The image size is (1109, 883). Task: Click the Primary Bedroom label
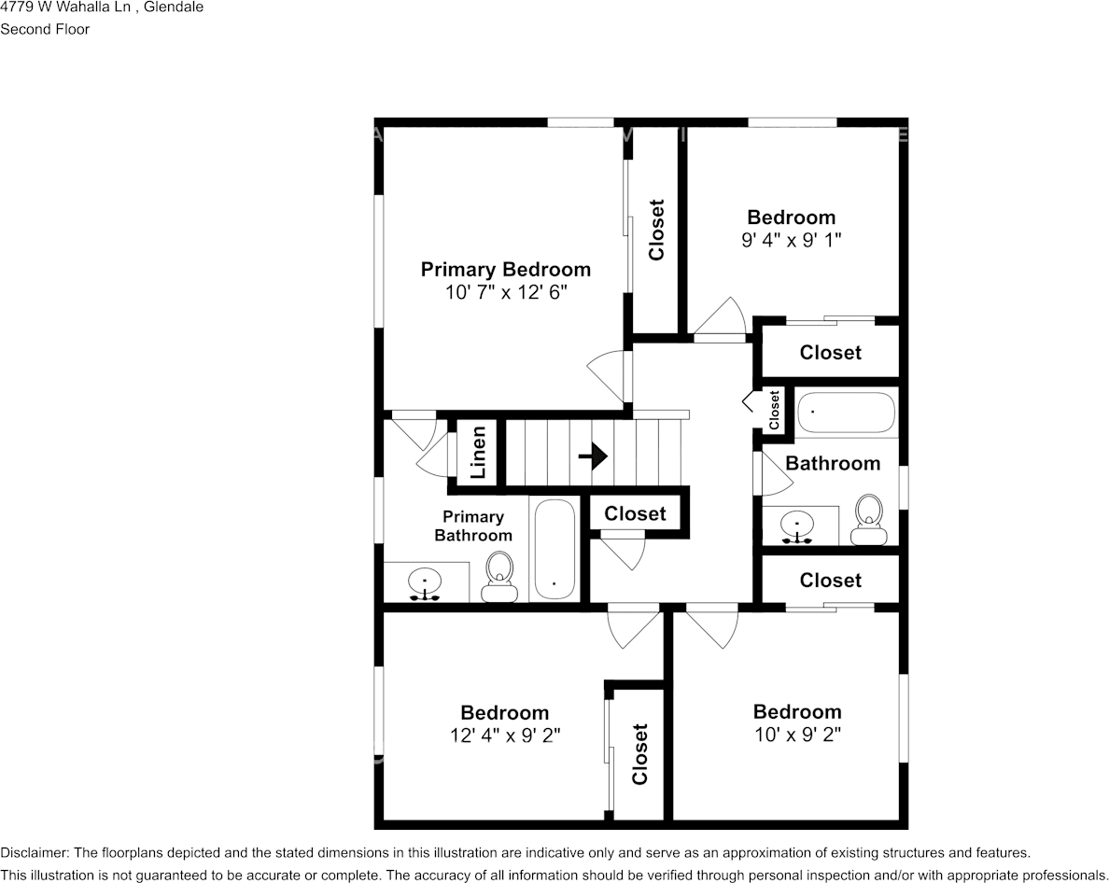[505, 269]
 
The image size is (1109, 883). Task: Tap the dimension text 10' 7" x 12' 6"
[506, 292]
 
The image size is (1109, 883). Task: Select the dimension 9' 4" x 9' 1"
[792, 240]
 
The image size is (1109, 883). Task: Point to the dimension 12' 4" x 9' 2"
[504, 736]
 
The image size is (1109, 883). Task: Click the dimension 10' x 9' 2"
[797, 735]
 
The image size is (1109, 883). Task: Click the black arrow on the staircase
[593, 456]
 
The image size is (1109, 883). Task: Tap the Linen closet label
[478, 453]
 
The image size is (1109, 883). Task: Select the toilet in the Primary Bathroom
[499, 576]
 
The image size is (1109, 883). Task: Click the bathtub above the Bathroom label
[846, 413]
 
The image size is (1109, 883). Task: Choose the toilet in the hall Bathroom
[869, 518]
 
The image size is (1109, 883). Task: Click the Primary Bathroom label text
[473, 526]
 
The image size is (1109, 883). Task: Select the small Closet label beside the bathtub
[774, 410]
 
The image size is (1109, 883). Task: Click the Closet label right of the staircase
[635, 513]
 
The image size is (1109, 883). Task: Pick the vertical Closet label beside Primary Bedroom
[656, 230]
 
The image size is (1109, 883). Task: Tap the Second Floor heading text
[45, 29]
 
